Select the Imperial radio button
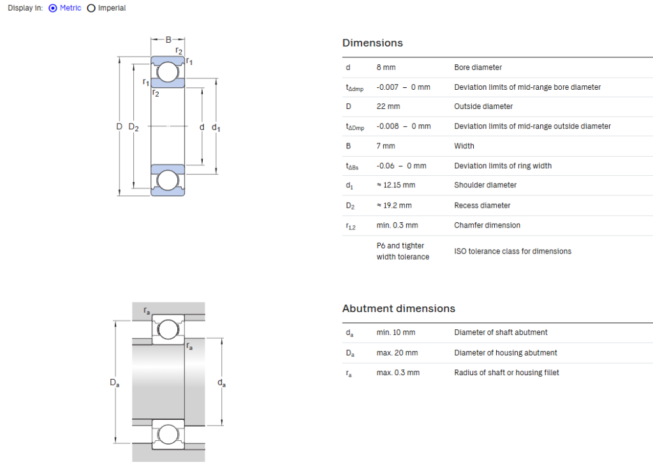[x=91, y=8]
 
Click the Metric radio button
[x=53, y=8]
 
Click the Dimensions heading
[x=372, y=43]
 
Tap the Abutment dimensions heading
[x=399, y=308]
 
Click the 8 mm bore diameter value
[x=386, y=68]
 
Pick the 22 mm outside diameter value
[x=388, y=106]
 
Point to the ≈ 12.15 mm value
[x=396, y=185]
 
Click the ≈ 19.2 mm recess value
[x=394, y=206]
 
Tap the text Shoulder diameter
[x=485, y=185]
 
